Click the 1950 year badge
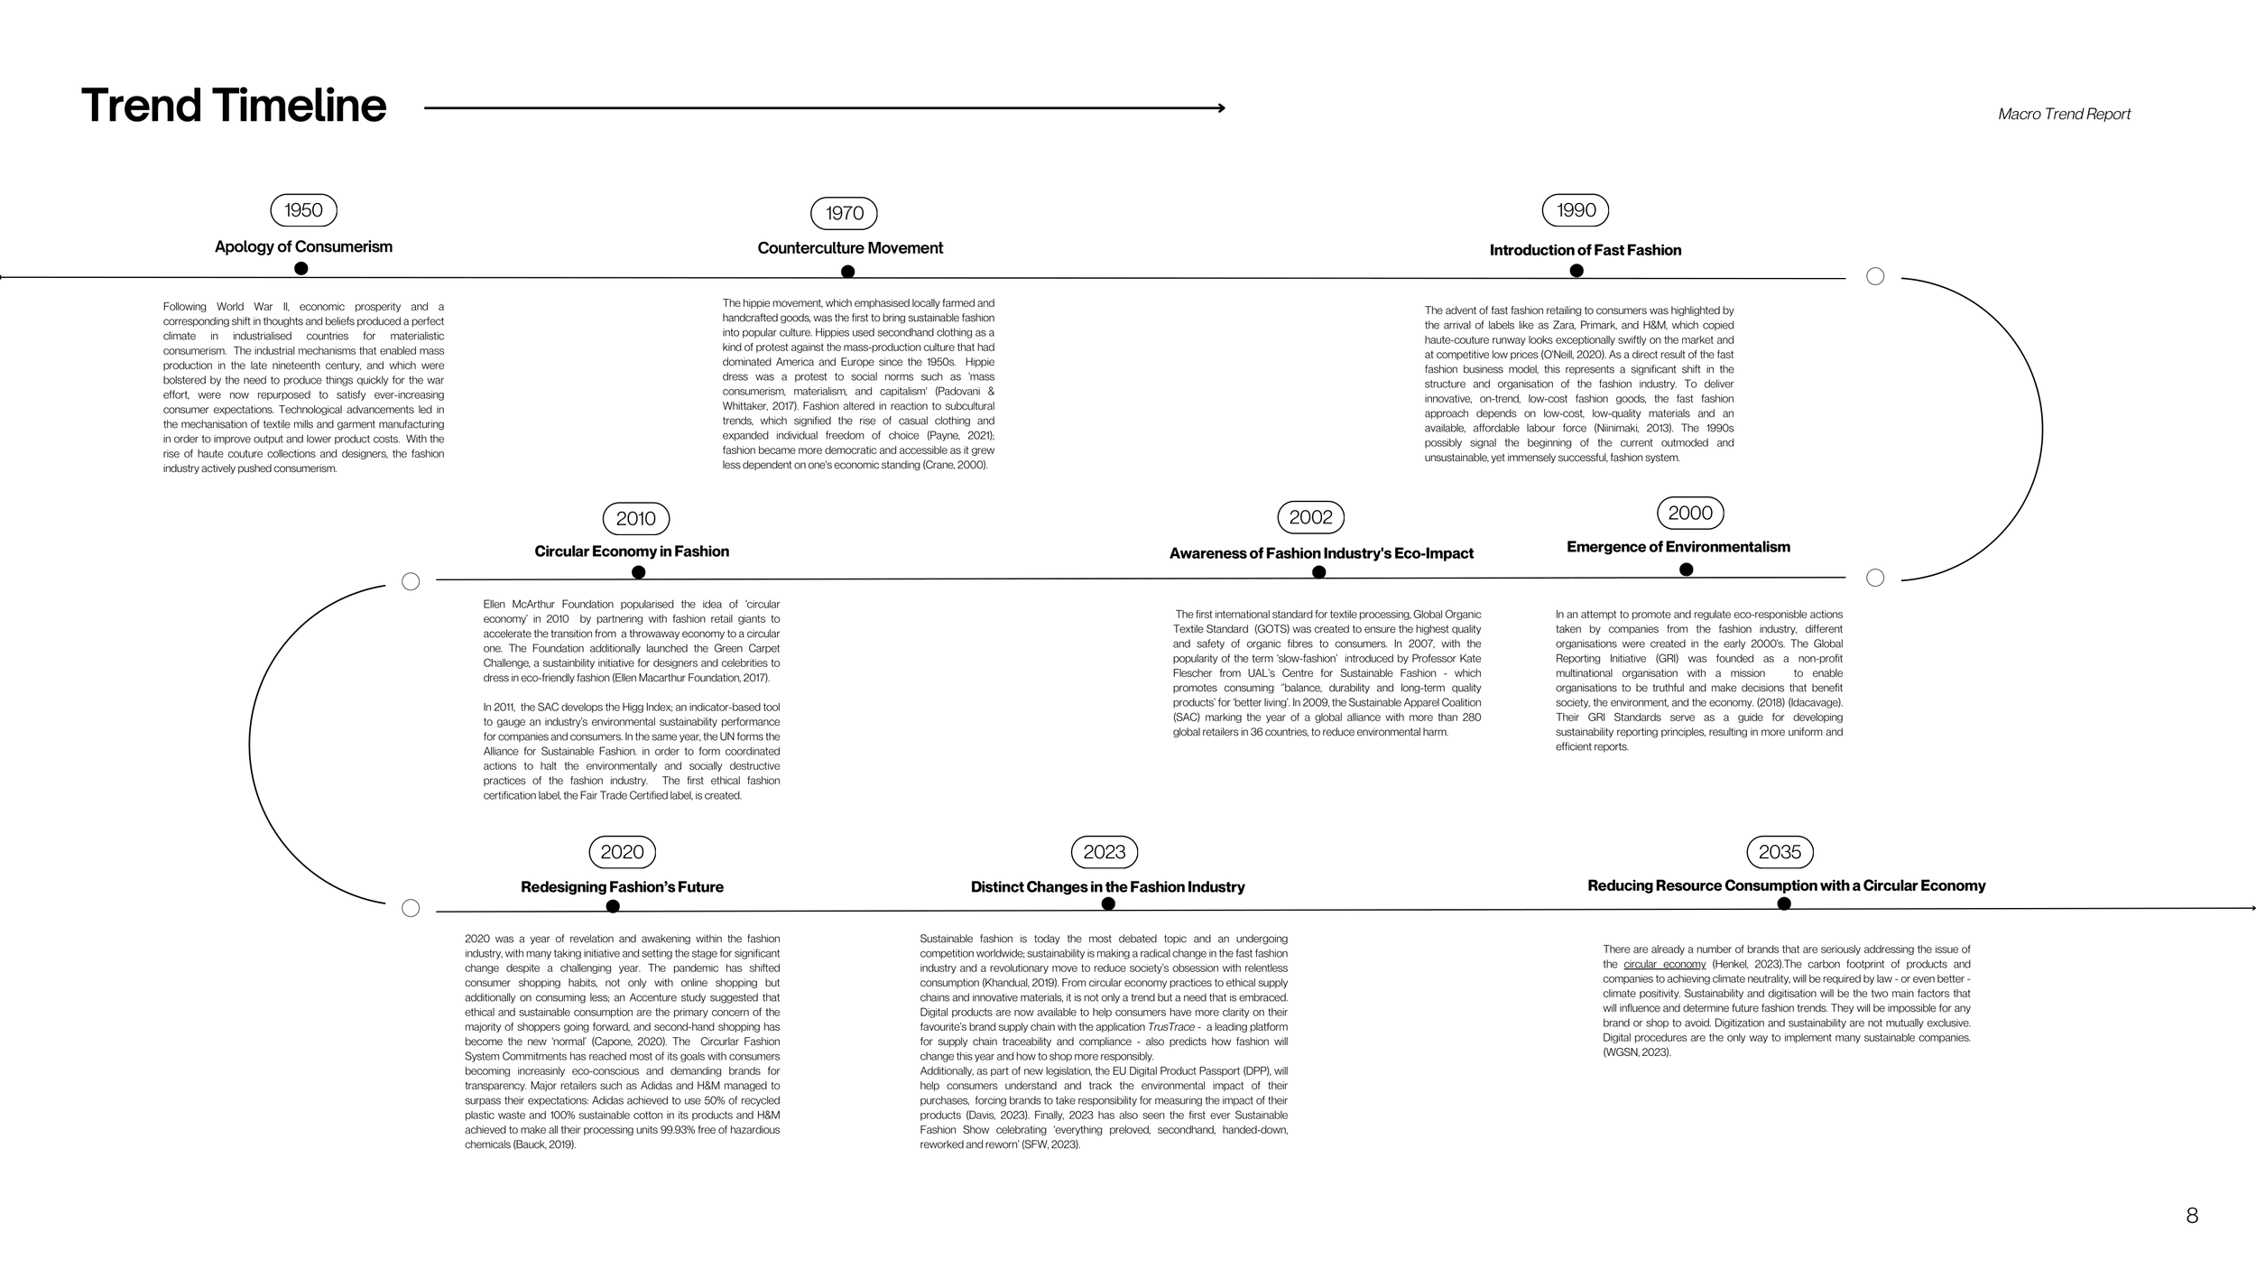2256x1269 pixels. click(x=303, y=210)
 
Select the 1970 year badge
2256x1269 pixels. click(x=844, y=213)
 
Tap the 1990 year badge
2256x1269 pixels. click(x=1576, y=210)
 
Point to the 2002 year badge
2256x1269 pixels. click(x=1310, y=517)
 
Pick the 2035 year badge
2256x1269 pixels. click(x=1780, y=852)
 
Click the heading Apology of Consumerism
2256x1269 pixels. click(x=303, y=246)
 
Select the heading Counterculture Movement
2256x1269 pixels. click(x=850, y=248)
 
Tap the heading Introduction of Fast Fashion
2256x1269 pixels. click(x=1586, y=250)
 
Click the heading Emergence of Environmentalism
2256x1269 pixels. click(x=1678, y=547)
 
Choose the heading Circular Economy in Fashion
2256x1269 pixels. click(x=632, y=551)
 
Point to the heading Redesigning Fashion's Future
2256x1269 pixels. click(x=622, y=887)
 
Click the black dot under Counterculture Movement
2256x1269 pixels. click(x=847, y=272)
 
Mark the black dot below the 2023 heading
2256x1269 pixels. click(x=1108, y=903)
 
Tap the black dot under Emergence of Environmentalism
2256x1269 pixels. click(x=1686, y=569)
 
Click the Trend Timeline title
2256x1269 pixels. click(x=234, y=106)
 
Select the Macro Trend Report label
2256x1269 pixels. click(x=2064, y=114)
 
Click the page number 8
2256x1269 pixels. click(x=2192, y=1216)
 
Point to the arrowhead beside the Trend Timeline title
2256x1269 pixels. click(x=1221, y=108)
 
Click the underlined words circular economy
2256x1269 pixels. click(x=1664, y=964)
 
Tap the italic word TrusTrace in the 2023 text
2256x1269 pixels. click(x=1170, y=1027)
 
